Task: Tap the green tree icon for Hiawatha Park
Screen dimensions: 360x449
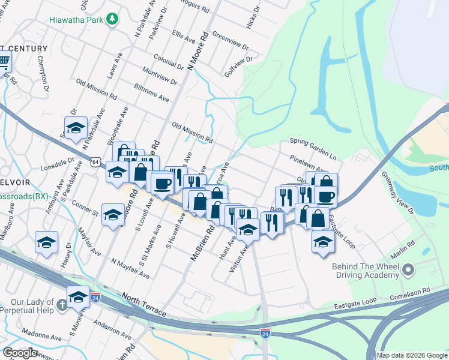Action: pyautogui.click(x=112, y=19)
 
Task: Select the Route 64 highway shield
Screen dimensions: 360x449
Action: pyautogui.click(x=95, y=161)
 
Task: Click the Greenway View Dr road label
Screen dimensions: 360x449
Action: pyautogui.click(x=397, y=193)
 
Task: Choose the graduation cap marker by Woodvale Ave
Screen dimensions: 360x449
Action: pyautogui.click(x=76, y=128)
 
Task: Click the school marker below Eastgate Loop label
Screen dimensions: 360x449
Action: pyautogui.click(x=323, y=242)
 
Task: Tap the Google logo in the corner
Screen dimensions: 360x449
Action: pyautogui.click(x=19, y=353)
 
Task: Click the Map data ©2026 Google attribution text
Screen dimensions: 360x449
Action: pyautogui.click(x=412, y=355)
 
